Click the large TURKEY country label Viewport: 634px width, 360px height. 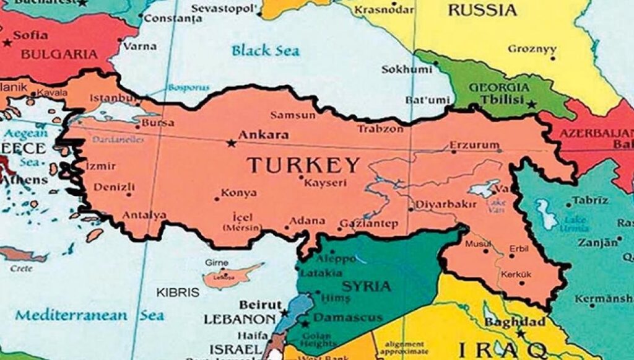303,165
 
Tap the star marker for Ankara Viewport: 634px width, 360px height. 231,144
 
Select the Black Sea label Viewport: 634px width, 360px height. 266,50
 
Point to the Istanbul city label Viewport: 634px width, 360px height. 111,99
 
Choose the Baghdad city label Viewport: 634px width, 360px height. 506,322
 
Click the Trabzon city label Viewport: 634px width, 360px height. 380,129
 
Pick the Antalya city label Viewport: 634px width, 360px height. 144,215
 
